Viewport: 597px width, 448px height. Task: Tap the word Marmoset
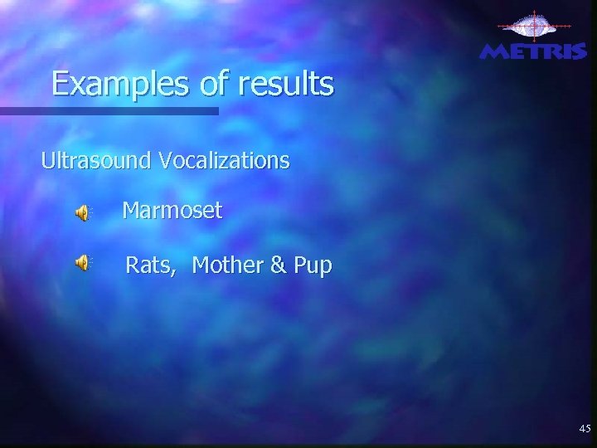pyautogui.click(x=172, y=211)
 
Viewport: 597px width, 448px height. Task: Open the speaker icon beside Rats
pyautogui.click(x=84, y=263)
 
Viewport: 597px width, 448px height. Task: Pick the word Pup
pyautogui.click(x=313, y=266)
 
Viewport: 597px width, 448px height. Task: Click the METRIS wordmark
pyautogui.click(x=533, y=51)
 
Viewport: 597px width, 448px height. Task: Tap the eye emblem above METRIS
pyautogui.click(x=534, y=27)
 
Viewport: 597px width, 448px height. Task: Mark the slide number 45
pyautogui.click(x=585, y=429)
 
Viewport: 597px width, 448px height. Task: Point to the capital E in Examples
pyautogui.click(x=60, y=84)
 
